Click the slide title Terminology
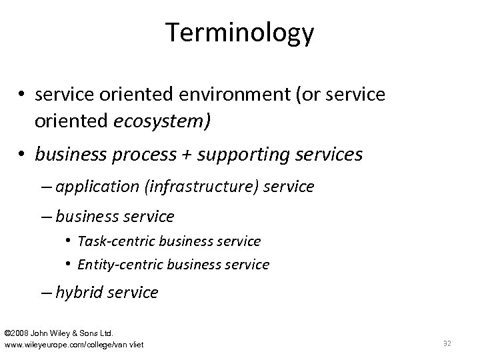[240, 31]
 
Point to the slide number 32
[447, 343]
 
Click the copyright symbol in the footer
[8, 332]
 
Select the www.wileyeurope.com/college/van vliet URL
[74, 343]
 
